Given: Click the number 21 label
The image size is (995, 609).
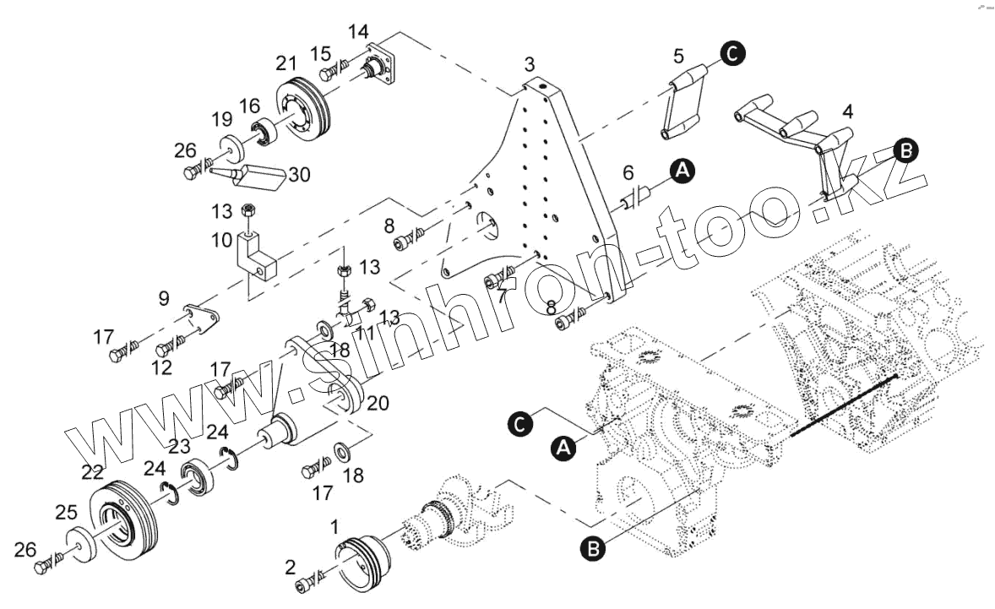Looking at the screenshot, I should click(x=285, y=63).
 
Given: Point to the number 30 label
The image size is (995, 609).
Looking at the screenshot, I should click(x=299, y=174).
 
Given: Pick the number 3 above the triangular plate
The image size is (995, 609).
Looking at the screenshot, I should click(x=530, y=64).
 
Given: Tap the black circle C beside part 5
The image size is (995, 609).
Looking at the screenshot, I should click(x=731, y=53).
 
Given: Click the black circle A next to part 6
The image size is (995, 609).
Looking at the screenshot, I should click(x=682, y=171).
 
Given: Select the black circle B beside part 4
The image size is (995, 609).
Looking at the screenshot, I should click(x=905, y=151).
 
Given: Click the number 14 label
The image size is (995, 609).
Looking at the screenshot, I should click(x=358, y=32).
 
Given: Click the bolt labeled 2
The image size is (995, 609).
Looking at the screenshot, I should click(x=305, y=584).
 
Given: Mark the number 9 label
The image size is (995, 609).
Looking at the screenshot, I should click(x=163, y=297).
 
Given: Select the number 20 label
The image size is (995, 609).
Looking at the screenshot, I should click(x=378, y=404).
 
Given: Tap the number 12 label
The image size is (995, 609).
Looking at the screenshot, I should click(x=161, y=367).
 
